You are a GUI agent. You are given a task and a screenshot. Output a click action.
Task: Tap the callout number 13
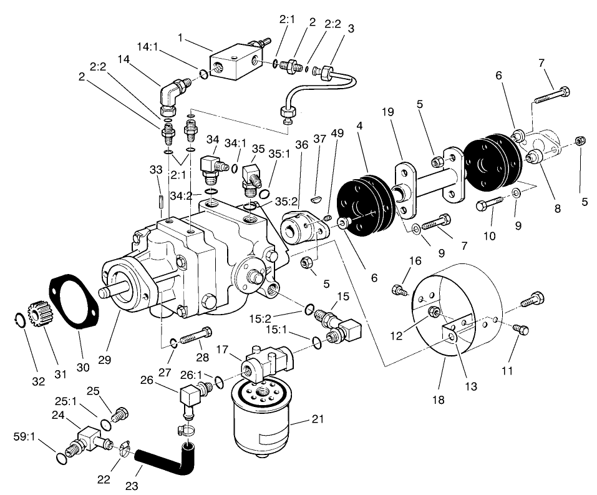point(470,387)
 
